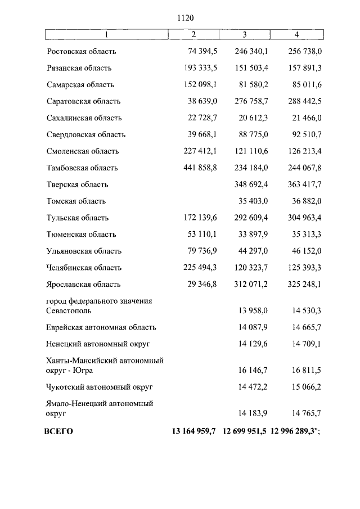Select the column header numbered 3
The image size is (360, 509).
pyautogui.click(x=244, y=35)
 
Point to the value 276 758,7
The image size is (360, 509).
pyautogui.click(x=251, y=102)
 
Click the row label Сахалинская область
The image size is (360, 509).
pyautogui.click(x=84, y=118)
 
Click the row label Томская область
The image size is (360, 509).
pyautogui.click(x=76, y=201)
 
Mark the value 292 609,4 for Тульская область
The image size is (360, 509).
pyautogui.click(x=251, y=218)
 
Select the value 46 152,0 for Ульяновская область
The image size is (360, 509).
pyautogui.click(x=305, y=251)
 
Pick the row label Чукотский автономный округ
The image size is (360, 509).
pyautogui.click(x=100, y=388)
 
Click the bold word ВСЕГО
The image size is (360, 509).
pyautogui.click(x=58, y=432)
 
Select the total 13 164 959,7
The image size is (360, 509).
pyautogui.click(x=193, y=432)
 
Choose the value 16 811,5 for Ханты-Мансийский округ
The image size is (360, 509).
pyautogui.click(x=305, y=371)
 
